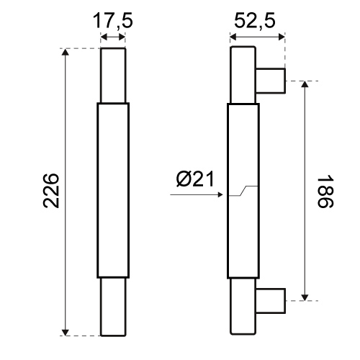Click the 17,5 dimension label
point(112,21)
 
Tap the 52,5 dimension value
point(255,21)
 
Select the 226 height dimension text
point(51,190)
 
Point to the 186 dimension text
point(325,192)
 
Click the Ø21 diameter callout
point(195,179)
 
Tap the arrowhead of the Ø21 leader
point(220,194)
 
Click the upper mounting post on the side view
point(271,81)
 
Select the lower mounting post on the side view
point(271,301)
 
